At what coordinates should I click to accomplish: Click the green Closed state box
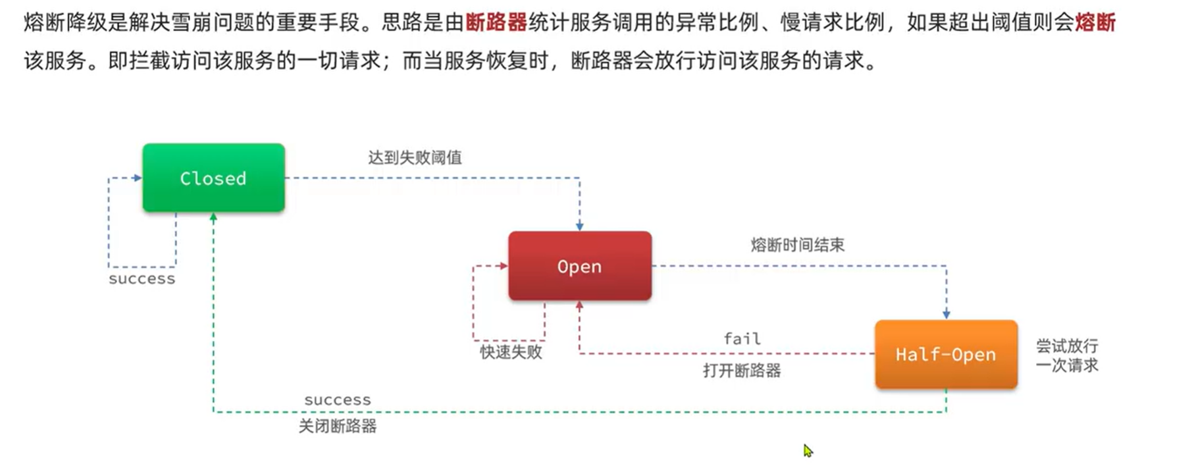coord(213,178)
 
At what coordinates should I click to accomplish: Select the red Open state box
coord(579,266)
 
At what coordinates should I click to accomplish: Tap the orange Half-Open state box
coord(945,354)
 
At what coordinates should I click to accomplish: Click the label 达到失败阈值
coord(415,157)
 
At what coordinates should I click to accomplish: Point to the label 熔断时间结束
coord(797,245)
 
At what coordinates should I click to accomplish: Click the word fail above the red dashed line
coord(742,338)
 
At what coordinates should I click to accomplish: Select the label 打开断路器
coord(742,371)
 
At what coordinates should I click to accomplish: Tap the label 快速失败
coord(511,352)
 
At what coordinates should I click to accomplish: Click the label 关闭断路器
coord(338,427)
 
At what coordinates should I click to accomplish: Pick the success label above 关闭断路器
coord(338,400)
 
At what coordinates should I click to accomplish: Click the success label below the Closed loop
coord(142,279)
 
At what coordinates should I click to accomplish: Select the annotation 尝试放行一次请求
coord(1067,355)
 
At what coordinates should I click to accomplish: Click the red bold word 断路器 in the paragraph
coord(496,23)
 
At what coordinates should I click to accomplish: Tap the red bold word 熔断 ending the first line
coord(1095,23)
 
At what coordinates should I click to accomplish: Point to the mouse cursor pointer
coord(807,450)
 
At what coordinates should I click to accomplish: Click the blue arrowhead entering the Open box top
coord(579,226)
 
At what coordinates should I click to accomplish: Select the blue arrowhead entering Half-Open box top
coord(946,315)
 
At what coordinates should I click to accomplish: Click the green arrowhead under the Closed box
coord(213,217)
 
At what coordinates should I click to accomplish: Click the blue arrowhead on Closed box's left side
coord(138,178)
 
